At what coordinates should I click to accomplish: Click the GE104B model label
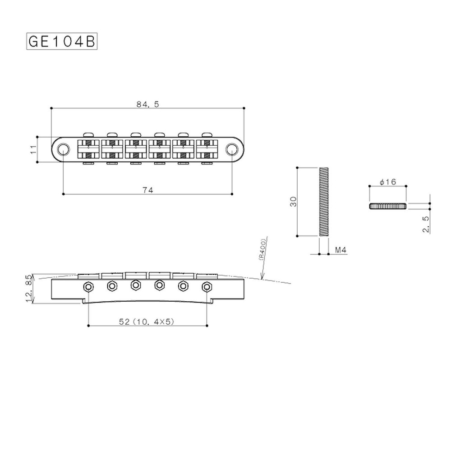tap(62, 42)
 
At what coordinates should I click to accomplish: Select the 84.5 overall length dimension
tap(147, 104)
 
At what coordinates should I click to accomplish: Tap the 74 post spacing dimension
tap(147, 190)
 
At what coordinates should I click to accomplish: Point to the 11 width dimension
tap(33, 149)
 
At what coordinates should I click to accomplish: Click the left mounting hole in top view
tap(64, 148)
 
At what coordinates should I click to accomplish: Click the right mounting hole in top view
tap(232, 148)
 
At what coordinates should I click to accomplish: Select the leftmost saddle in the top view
tap(89, 148)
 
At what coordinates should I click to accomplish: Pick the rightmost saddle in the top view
tap(207, 148)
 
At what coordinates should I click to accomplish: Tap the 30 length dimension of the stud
tap(293, 201)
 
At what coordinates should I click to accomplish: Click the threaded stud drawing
tap(324, 201)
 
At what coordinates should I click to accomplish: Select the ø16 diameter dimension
tap(387, 182)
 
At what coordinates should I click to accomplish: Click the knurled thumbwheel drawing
tap(388, 206)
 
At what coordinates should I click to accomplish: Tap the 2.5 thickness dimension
tap(426, 223)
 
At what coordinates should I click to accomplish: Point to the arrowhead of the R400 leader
tap(261, 279)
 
